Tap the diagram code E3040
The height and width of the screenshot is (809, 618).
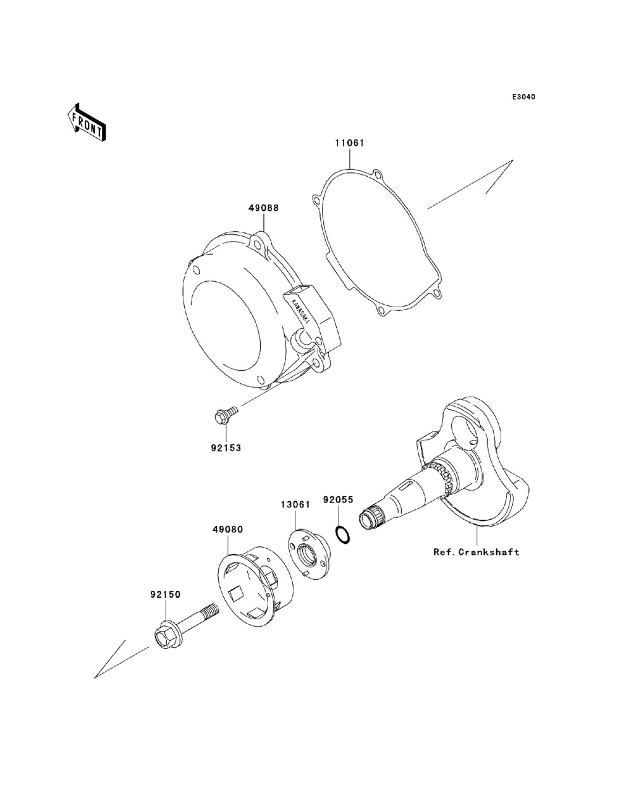coord(523,97)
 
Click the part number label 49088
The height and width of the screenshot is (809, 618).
coord(263,208)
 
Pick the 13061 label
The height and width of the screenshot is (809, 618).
coord(295,504)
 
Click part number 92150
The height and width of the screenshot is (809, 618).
coord(165,595)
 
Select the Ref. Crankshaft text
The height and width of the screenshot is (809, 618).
coord(476,552)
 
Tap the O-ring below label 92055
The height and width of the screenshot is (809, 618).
coord(343,535)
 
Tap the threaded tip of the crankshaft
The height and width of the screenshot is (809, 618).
coord(371,518)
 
